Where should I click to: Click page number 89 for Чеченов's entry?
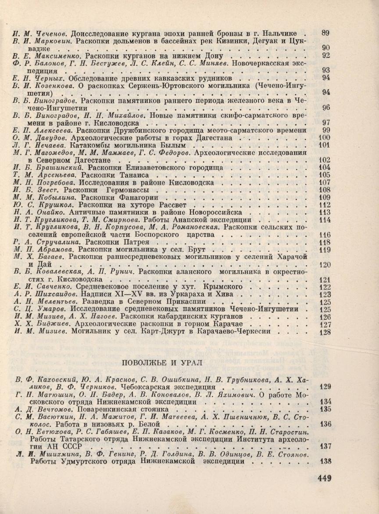325,33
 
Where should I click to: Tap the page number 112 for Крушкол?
325,205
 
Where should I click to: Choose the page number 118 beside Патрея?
325,243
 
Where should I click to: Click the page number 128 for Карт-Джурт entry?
325,332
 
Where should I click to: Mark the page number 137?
325,447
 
